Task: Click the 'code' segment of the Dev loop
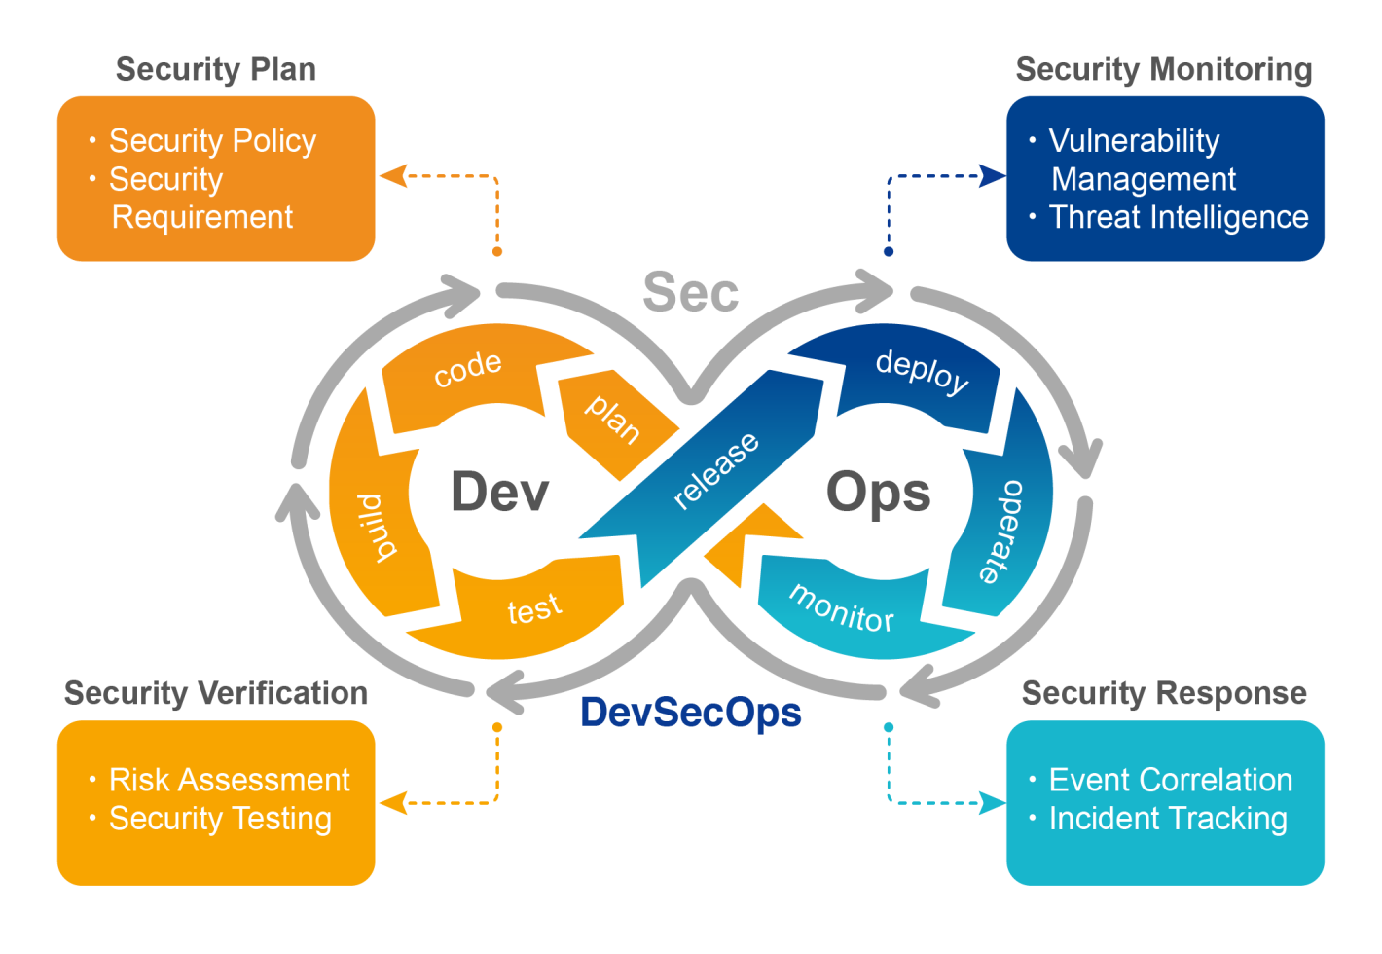click(468, 369)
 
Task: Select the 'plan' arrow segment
click(612, 419)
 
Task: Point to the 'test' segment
click(534, 608)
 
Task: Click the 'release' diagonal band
click(715, 470)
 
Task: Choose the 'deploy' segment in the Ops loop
click(921, 371)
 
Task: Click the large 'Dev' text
click(499, 492)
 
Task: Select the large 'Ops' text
click(878, 492)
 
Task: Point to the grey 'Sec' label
click(691, 292)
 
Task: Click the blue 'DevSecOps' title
click(691, 713)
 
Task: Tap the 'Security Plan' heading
click(216, 70)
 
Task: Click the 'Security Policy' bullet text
click(212, 141)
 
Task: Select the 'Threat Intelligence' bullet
click(1178, 217)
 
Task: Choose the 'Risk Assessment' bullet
click(229, 780)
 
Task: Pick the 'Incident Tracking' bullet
click(1168, 819)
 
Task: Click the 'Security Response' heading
click(1164, 693)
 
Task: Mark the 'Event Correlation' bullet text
click(1170, 780)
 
